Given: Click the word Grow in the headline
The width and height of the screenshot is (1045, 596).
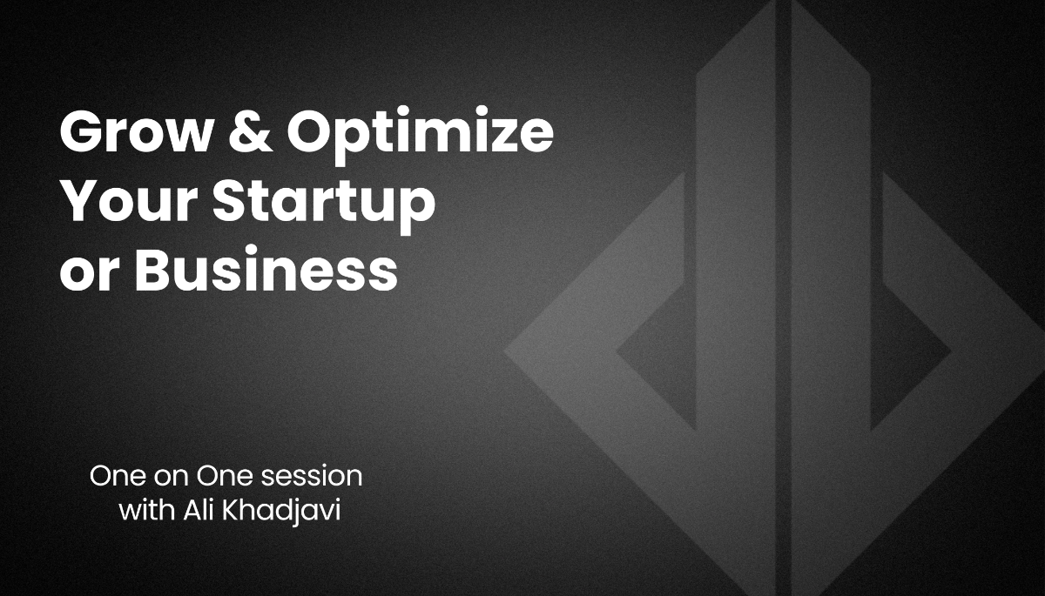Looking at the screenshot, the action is [135, 131].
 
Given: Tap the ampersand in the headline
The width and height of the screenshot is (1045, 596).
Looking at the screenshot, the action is [251, 131].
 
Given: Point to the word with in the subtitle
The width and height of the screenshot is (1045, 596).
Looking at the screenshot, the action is [147, 510].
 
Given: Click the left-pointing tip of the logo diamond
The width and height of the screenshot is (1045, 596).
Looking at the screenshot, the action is [505, 350].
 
